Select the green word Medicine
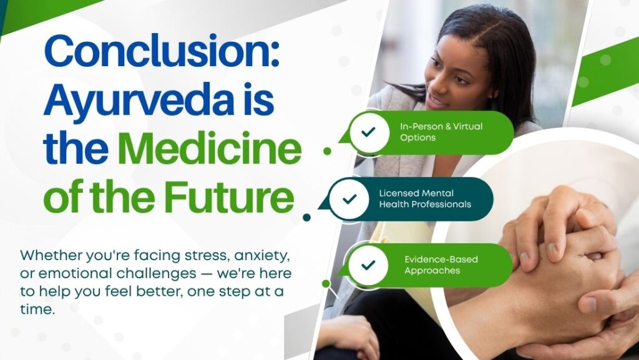(210, 148)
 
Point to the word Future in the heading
(230, 198)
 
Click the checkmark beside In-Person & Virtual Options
(368, 132)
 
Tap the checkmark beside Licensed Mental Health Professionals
(349, 199)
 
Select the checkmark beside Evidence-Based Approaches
(368, 265)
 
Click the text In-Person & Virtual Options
(441, 132)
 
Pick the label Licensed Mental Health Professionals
(425, 199)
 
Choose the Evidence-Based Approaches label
(441, 265)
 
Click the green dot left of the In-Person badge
(327, 151)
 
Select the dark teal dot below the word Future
(307, 218)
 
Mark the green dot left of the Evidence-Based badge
(326, 283)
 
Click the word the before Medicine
(76, 148)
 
